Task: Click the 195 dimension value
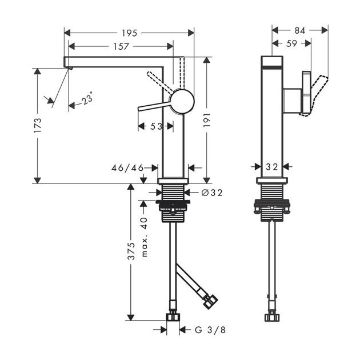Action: tap(129, 33)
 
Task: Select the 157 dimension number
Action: tap(121, 47)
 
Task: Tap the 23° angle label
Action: tap(87, 98)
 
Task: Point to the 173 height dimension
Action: tap(38, 125)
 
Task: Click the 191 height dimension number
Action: tap(207, 120)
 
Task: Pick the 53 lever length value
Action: tap(156, 126)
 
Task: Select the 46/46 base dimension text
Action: tap(127, 168)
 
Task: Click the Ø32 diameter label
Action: tap(212, 193)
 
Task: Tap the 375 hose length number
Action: tap(131, 251)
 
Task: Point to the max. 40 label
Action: tap(144, 237)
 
